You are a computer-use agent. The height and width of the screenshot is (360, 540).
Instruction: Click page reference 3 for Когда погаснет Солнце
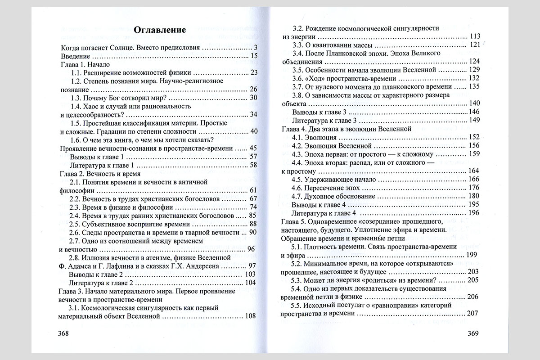coord(255,47)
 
